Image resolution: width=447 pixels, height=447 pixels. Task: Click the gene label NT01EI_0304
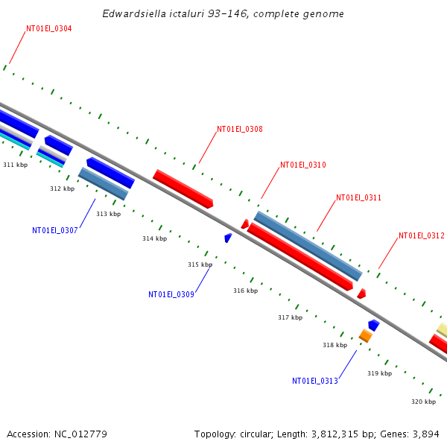coord(49,29)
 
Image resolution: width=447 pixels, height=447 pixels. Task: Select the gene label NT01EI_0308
coord(239,130)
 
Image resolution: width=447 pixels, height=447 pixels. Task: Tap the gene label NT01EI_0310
coord(302,165)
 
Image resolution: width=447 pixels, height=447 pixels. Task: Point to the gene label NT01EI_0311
coord(358,198)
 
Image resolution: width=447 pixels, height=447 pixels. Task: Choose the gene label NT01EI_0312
coord(421,236)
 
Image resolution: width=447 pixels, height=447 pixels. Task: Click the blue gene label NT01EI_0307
coord(54,231)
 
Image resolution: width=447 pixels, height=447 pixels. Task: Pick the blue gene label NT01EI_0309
coord(171,295)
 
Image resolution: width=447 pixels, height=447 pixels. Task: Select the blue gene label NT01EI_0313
coord(314,381)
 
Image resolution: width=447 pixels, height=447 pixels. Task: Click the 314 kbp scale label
coord(154,239)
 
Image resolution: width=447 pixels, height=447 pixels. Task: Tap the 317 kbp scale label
coord(290,318)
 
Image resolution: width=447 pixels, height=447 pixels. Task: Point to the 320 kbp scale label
coord(423,402)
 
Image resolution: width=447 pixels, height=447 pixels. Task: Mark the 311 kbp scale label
coord(15,165)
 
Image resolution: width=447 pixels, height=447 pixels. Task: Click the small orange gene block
coord(365,336)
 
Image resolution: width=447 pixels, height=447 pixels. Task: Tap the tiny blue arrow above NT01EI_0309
coord(228,238)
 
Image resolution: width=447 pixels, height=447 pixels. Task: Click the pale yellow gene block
coord(442,330)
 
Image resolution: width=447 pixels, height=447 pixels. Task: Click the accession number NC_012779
coord(80,434)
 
